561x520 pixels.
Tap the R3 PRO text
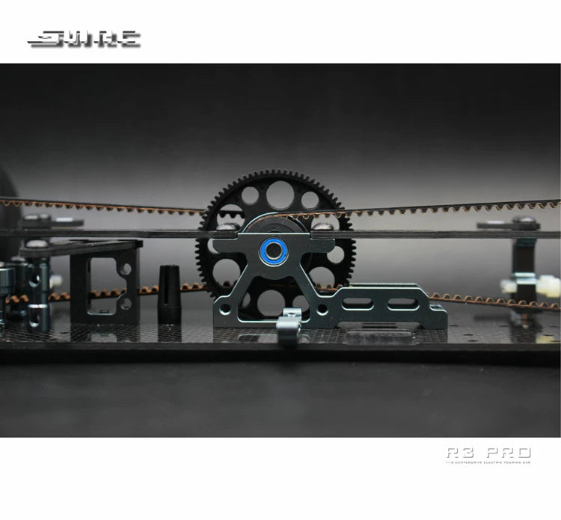488,452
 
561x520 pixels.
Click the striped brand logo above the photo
84,39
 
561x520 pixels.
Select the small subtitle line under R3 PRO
488,463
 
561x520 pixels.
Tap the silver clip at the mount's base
289,322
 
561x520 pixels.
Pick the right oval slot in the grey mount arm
402,303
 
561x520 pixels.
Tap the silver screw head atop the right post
525,221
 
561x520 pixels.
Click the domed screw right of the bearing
322,224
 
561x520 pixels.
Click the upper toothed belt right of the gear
449,207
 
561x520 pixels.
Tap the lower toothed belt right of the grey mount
494,300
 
